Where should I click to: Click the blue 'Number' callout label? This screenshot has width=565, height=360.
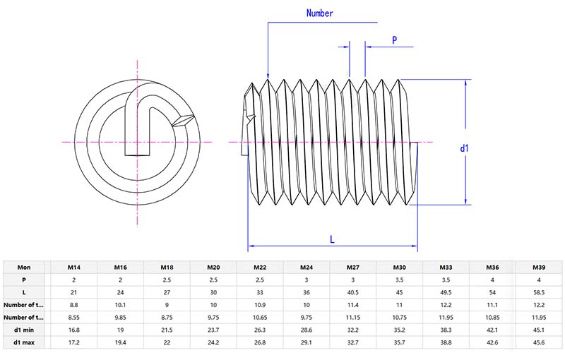[319, 13]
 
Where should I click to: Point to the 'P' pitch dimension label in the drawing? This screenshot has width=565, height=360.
[393, 40]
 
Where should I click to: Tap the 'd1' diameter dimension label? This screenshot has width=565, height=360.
[465, 148]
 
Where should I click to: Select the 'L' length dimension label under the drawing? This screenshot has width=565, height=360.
[332, 239]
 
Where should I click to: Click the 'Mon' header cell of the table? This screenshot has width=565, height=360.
[24, 268]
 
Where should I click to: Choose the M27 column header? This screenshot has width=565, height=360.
[352, 268]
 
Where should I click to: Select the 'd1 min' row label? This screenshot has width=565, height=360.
[24, 330]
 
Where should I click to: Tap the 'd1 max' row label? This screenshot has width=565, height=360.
[24, 342]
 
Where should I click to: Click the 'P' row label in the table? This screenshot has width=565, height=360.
[24, 280]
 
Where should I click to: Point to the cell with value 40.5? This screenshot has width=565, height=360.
[352, 292]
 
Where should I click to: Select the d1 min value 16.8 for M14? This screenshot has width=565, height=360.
[73, 330]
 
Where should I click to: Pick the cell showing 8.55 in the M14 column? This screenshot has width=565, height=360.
[73, 318]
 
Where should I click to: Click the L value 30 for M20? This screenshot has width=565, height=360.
[213, 292]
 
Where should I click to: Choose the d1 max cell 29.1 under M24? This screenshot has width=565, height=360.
[306, 342]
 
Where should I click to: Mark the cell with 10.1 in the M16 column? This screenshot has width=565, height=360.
[119, 305]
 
